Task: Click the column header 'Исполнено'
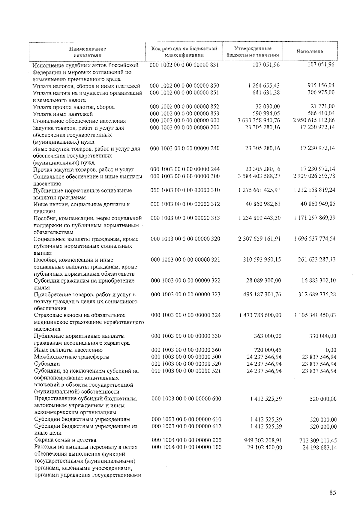pyautogui.click(x=310, y=51)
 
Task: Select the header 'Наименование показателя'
pyautogui.click(x=87, y=52)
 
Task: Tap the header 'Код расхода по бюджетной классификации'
pyautogui.click(x=184, y=52)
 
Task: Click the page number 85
pyautogui.click(x=332, y=493)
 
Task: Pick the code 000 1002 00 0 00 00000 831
pyautogui.click(x=184, y=65)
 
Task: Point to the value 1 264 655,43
pyautogui.click(x=264, y=86)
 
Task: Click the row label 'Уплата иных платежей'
pyautogui.click(x=63, y=114)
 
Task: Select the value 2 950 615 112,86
pyautogui.click(x=314, y=120)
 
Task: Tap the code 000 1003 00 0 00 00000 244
pyautogui.click(x=185, y=169)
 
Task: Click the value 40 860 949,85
pyautogui.click(x=318, y=204)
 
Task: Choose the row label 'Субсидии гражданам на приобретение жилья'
pyautogui.click(x=84, y=284)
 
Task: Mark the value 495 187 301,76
pyautogui.click(x=262, y=294)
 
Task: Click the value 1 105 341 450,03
pyautogui.click(x=315, y=315)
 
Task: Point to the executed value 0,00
pyautogui.click(x=331, y=350)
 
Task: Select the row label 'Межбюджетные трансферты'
pyautogui.click(x=72, y=357)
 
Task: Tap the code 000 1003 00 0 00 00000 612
pyautogui.click(x=187, y=426)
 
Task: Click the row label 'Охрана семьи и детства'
pyautogui.click(x=65, y=440)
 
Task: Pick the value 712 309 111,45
pyautogui.click(x=318, y=441)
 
